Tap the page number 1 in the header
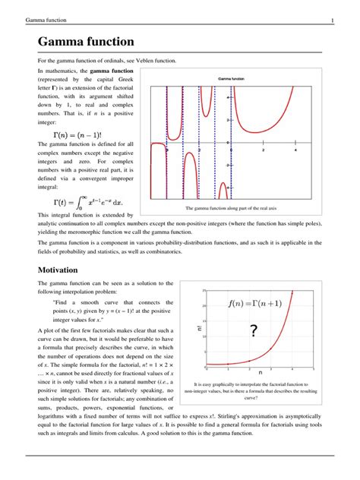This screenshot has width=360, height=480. point(332,19)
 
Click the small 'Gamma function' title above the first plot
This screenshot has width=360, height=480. point(231,79)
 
